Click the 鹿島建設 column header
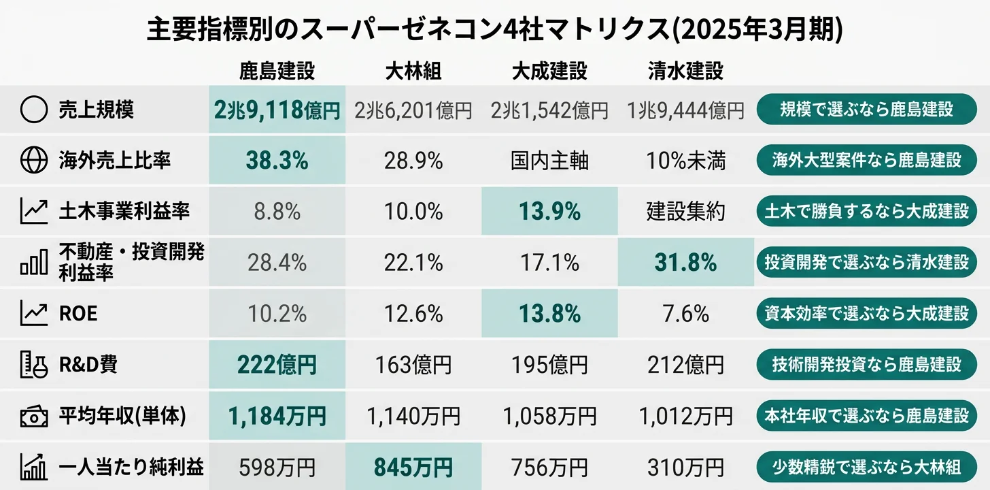point(277,71)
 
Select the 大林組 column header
point(413,71)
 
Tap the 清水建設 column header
point(685,71)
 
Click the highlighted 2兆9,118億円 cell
point(277,110)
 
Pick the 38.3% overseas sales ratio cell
point(277,161)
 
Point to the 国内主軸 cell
point(549,161)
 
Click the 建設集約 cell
point(685,211)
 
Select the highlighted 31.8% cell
point(685,262)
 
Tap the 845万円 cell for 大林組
point(413,467)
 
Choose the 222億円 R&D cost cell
point(277,365)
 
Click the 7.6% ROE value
point(685,314)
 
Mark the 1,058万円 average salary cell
point(549,416)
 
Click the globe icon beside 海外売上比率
point(34,161)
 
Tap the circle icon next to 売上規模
point(34,110)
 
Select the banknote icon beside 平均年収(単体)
point(34,416)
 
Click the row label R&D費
point(88,365)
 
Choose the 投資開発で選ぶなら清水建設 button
point(866,262)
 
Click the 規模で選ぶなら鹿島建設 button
point(866,110)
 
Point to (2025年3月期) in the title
point(762,30)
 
